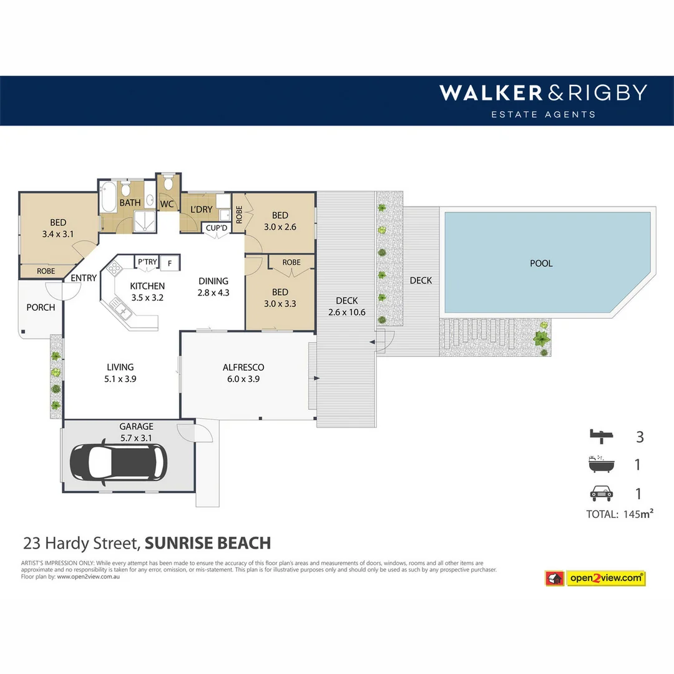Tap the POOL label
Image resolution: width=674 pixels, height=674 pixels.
(x=541, y=263)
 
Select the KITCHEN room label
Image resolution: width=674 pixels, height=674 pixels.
(x=147, y=286)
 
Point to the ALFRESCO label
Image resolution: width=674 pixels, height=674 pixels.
(x=243, y=368)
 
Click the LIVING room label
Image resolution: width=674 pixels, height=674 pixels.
(x=120, y=368)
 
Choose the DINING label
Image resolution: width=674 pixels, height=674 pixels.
(x=213, y=281)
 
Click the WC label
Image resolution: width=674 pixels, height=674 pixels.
(x=167, y=204)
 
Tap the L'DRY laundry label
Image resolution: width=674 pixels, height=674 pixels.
(x=201, y=210)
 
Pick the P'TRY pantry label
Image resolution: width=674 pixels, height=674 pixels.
(x=147, y=262)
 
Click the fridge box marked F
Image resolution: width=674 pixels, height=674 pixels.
(x=169, y=263)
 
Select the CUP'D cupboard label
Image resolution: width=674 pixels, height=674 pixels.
(x=217, y=228)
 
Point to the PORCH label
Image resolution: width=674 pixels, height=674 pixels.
(x=41, y=307)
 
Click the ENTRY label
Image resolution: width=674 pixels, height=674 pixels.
(x=84, y=278)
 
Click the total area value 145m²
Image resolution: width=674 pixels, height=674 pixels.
(x=637, y=514)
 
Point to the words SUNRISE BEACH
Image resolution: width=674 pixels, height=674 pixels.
(x=208, y=543)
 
